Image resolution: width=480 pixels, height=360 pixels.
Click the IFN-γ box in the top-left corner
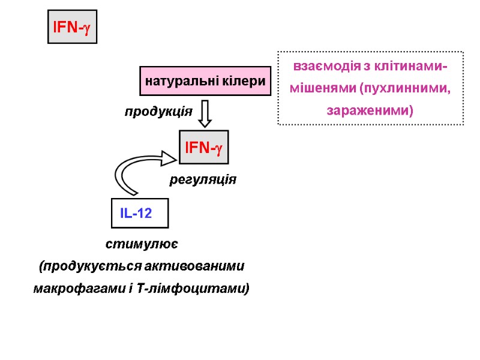click(72, 27)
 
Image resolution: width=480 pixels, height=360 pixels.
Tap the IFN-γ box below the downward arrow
click(204, 147)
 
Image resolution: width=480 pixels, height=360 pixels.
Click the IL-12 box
click(140, 213)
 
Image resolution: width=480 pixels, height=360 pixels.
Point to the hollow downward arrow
click(205, 113)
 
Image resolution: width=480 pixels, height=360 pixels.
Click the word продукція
click(158, 112)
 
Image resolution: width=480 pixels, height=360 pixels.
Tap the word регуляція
click(203, 179)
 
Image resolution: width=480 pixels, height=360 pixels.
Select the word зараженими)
click(370, 111)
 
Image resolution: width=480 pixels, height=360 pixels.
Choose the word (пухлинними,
click(405, 89)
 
